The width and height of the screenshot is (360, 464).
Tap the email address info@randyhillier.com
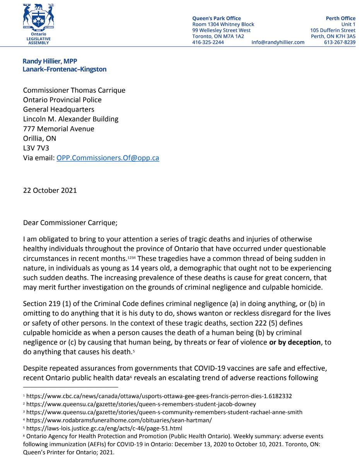(x=278, y=43)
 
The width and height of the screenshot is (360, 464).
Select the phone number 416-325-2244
(x=208, y=43)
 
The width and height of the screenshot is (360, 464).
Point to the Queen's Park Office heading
(x=217, y=18)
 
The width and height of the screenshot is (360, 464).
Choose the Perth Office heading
(x=340, y=18)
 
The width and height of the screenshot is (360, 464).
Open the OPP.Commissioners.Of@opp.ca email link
(x=108, y=158)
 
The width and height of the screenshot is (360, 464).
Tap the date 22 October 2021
(x=50, y=190)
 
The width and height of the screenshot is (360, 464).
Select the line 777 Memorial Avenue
(x=59, y=129)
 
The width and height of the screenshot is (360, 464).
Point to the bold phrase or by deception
(x=295, y=342)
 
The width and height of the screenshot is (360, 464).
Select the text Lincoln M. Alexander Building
(x=71, y=119)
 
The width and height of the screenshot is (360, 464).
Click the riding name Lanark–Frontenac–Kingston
(x=65, y=70)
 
